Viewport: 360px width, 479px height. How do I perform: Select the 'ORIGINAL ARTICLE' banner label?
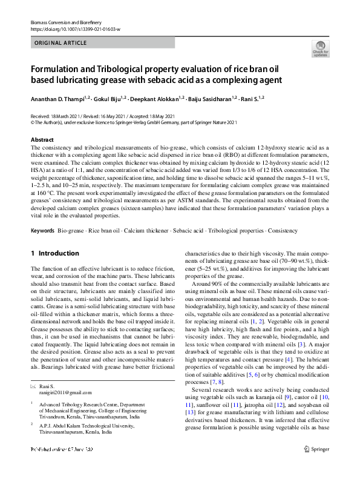click(59, 44)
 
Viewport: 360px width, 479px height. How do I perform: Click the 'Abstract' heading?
click(42, 140)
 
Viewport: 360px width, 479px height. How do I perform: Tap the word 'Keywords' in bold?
click(42, 232)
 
